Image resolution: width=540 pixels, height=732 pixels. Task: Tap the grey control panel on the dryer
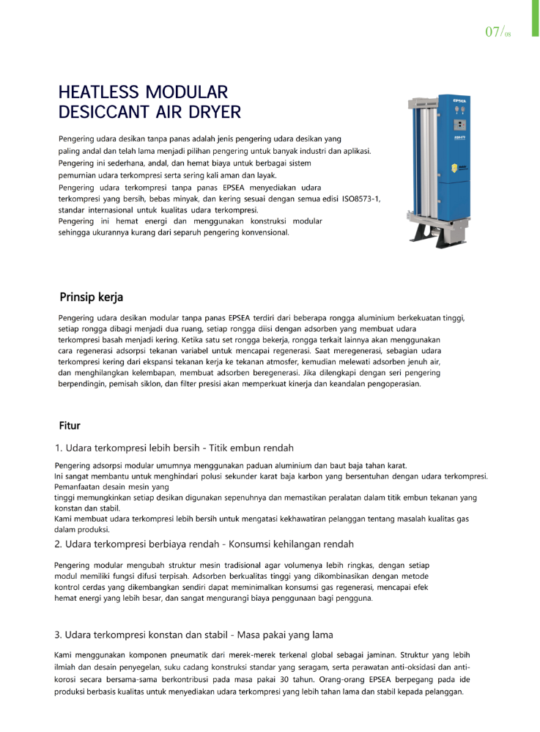click(460, 125)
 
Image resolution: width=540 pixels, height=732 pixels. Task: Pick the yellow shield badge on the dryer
click(455, 167)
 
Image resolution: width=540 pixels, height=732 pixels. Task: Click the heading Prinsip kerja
click(91, 297)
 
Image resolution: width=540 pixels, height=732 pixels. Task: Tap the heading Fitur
click(70, 426)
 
